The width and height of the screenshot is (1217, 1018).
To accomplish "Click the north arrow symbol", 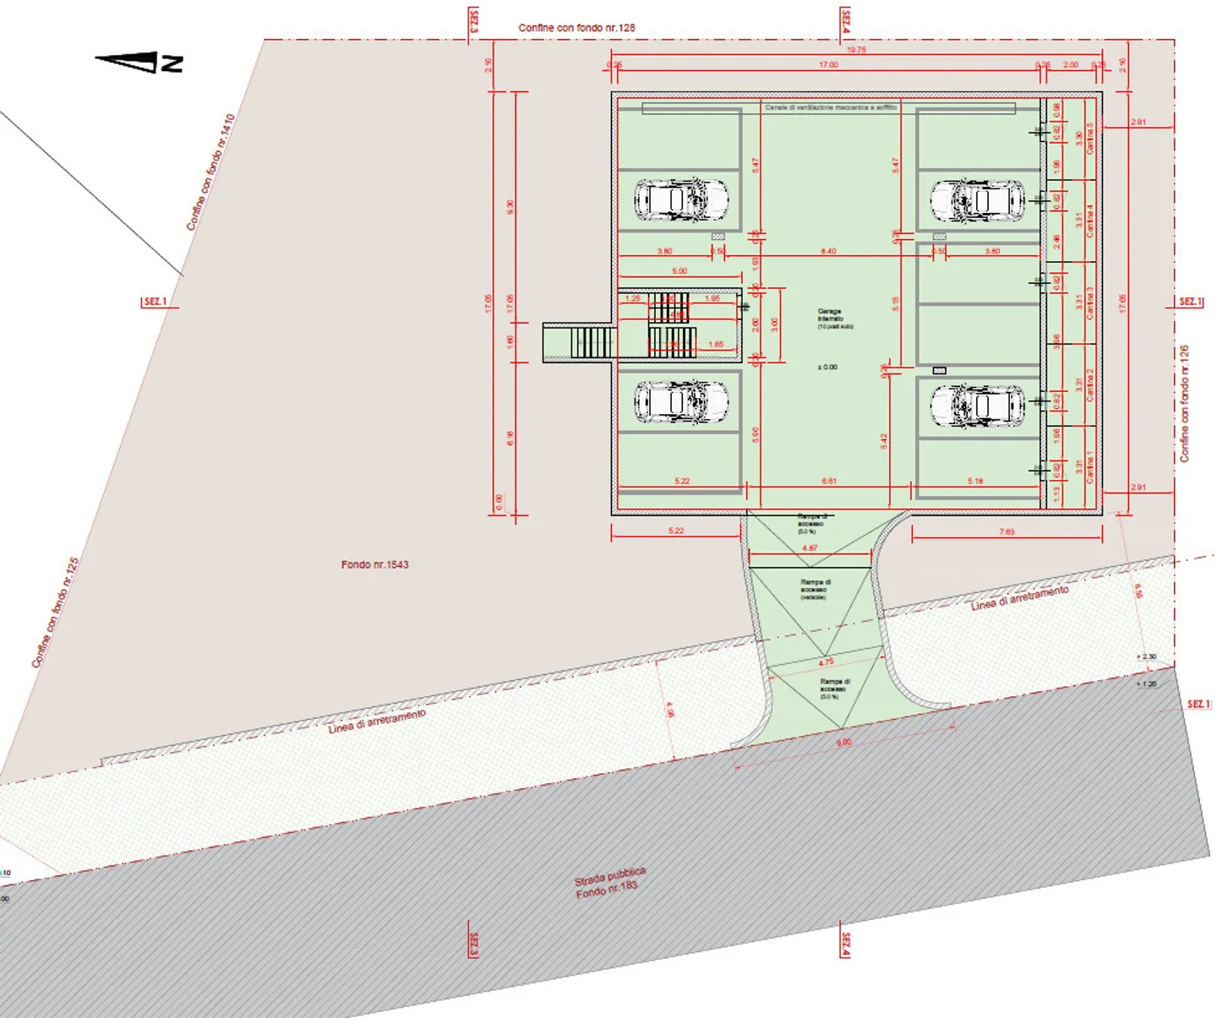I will click(x=139, y=62).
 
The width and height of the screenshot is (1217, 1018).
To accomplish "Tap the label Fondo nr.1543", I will click(x=374, y=564).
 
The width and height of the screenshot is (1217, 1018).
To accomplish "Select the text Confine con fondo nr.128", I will click(x=576, y=28).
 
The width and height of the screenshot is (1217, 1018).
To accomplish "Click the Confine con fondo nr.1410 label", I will click(x=210, y=172).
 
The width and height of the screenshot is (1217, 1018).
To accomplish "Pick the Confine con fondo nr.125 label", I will click(x=55, y=612).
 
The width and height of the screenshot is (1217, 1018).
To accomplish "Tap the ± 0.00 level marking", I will click(x=827, y=367).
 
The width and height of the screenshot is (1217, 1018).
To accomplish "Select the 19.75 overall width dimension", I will click(x=856, y=50).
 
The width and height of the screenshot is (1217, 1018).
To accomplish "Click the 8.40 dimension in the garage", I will click(x=828, y=251).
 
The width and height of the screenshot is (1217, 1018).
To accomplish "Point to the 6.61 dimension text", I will click(x=829, y=481).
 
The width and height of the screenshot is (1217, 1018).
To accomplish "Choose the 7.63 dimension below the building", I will click(x=1007, y=531).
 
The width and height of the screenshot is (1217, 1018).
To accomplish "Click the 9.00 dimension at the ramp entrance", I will click(x=843, y=743).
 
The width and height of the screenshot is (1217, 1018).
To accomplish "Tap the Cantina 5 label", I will click(x=1090, y=138).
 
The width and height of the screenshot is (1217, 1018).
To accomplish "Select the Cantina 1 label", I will click(x=1090, y=466).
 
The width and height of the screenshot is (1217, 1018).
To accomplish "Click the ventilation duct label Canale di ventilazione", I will click(x=830, y=108).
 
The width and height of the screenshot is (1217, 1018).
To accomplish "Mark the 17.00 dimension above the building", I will click(x=828, y=65).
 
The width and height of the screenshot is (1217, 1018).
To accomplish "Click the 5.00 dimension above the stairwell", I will click(x=679, y=271).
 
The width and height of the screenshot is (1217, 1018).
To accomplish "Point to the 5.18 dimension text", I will click(x=975, y=481).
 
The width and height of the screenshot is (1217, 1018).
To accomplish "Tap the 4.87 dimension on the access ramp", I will click(x=810, y=548).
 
